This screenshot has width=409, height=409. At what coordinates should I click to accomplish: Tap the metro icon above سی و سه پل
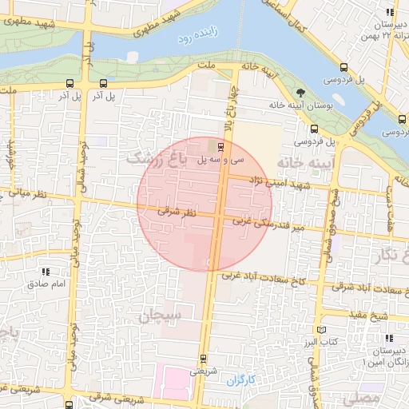(x=222, y=146)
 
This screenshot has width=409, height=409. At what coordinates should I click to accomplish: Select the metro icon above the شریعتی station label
(x=202, y=357)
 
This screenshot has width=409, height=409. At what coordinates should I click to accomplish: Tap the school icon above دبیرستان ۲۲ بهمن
(x=389, y=13)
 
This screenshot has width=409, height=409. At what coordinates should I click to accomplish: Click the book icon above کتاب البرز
(x=321, y=330)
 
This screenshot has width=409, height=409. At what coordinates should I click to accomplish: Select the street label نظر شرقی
(x=177, y=212)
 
